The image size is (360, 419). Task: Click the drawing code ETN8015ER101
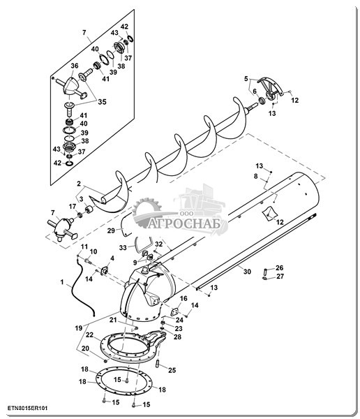[27, 409]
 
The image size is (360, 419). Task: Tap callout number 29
[111, 230]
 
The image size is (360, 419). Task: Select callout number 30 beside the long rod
[247, 272]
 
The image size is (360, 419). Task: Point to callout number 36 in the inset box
[75, 66]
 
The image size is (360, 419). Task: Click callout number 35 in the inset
[102, 102]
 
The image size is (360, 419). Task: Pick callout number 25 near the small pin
[172, 370]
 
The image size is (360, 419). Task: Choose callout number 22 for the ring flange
[89, 335]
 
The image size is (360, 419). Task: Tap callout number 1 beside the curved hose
[62, 282]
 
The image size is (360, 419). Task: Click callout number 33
[123, 248]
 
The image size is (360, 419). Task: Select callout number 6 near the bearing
[255, 91]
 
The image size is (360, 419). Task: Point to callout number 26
[280, 267]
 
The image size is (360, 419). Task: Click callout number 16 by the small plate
[183, 298]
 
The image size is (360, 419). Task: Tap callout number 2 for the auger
[79, 184]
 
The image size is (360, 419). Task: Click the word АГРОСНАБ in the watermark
[185, 223]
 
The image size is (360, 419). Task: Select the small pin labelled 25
[158, 364]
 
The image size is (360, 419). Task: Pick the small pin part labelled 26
[265, 271]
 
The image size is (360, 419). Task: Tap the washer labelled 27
[264, 279]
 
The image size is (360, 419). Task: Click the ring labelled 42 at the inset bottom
[69, 163]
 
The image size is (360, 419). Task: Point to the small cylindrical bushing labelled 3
[89, 209]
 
